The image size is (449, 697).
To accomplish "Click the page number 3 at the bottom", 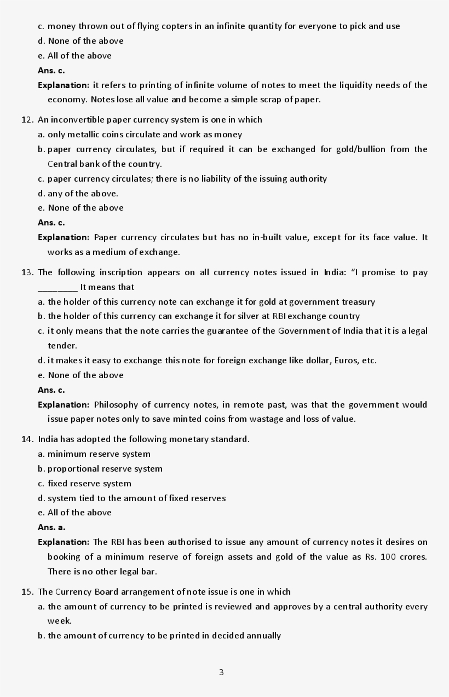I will [221, 672].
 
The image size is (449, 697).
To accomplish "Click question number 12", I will [27, 120].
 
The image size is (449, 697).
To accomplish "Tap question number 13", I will [27, 272].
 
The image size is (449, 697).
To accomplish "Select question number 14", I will [27, 439].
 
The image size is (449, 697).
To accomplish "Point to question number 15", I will [27, 592].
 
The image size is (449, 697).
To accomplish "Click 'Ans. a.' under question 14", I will [51, 527].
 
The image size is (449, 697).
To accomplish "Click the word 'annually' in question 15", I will [263, 636].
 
